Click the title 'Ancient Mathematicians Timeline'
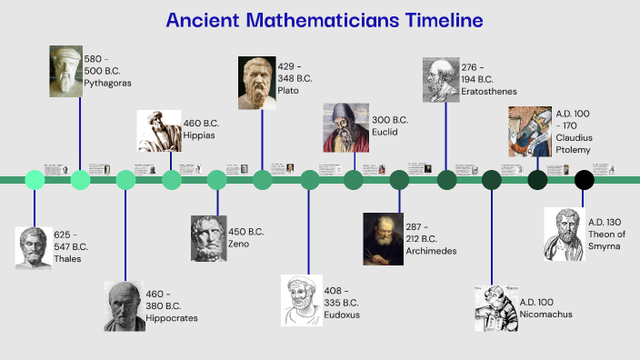pyautogui.click(x=325, y=21)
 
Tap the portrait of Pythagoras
pyautogui.click(x=65, y=71)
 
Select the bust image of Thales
pyautogui.click(x=33, y=246)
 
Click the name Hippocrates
pyautogui.click(x=172, y=318)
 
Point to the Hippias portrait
pyautogui.click(x=158, y=130)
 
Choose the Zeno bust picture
pyautogui.click(x=208, y=238)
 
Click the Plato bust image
pyautogui.click(x=257, y=83)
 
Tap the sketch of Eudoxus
pyautogui.click(x=299, y=299)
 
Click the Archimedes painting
pyautogui.click(x=382, y=238)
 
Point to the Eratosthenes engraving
pyautogui.click(x=441, y=80)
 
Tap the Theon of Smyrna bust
pyautogui.click(x=563, y=234)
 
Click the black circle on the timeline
pyautogui.click(x=584, y=180)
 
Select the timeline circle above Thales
pyautogui.click(x=35, y=180)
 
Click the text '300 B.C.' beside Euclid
pyautogui.click(x=390, y=120)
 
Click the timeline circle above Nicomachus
pyautogui.click(x=492, y=180)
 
